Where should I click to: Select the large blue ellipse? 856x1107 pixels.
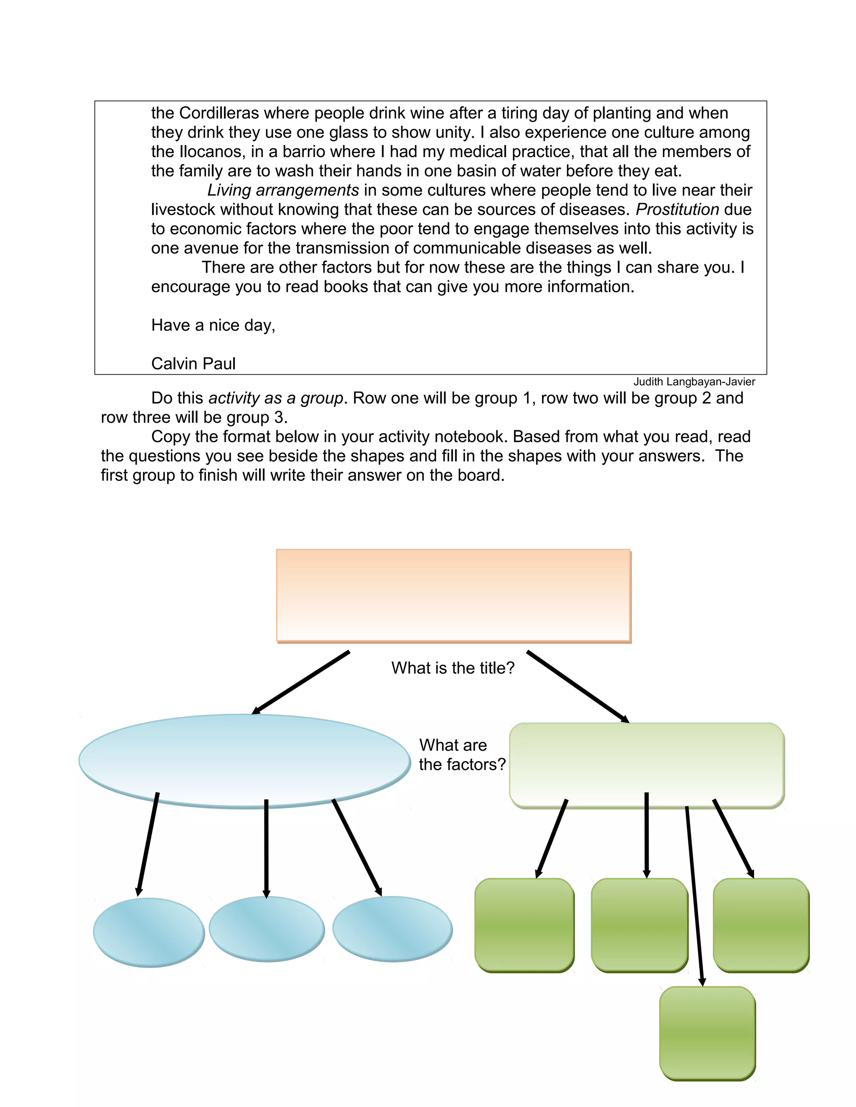coord(244,760)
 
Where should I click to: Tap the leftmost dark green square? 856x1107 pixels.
coord(524,925)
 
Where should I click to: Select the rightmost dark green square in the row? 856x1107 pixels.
coord(761,925)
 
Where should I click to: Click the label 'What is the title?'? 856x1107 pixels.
coord(453,668)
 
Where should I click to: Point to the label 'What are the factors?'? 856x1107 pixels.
coord(462,755)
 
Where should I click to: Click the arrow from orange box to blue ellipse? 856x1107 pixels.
coord(301,683)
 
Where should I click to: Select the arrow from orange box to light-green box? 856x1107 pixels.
coord(578,687)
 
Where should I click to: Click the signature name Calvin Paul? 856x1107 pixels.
coord(193,363)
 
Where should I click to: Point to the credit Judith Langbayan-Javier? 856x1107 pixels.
coord(694,382)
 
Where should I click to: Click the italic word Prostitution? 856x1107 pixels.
coord(677,209)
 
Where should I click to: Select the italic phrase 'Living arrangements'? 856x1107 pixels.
coord(283,190)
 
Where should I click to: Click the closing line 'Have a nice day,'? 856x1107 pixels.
coord(213,325)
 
